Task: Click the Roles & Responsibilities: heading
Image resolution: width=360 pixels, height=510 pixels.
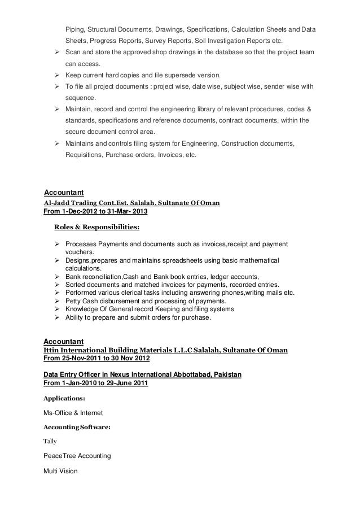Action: (96, 228)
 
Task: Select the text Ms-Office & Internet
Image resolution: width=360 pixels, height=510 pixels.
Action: (73, 413)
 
